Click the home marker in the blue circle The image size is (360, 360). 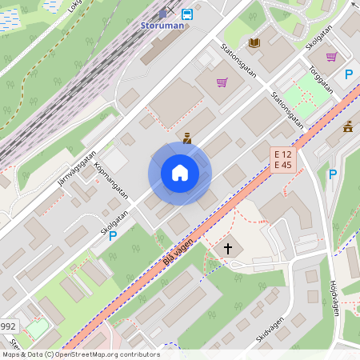tap(180, 173)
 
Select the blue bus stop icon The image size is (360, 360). tap(186, 14)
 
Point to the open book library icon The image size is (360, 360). tap(254, 42)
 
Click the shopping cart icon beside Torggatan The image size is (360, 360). tap(331, 56)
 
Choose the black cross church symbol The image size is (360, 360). tap(227, 249)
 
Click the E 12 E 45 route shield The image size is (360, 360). tap(284, 159)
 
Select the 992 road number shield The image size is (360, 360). tap(8, 326)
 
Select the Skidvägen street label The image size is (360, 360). tap(270, 330)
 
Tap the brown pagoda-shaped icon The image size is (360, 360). tap(348, 126)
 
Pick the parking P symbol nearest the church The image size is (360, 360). tap(333, 174)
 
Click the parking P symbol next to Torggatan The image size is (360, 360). tap(348, 74)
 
